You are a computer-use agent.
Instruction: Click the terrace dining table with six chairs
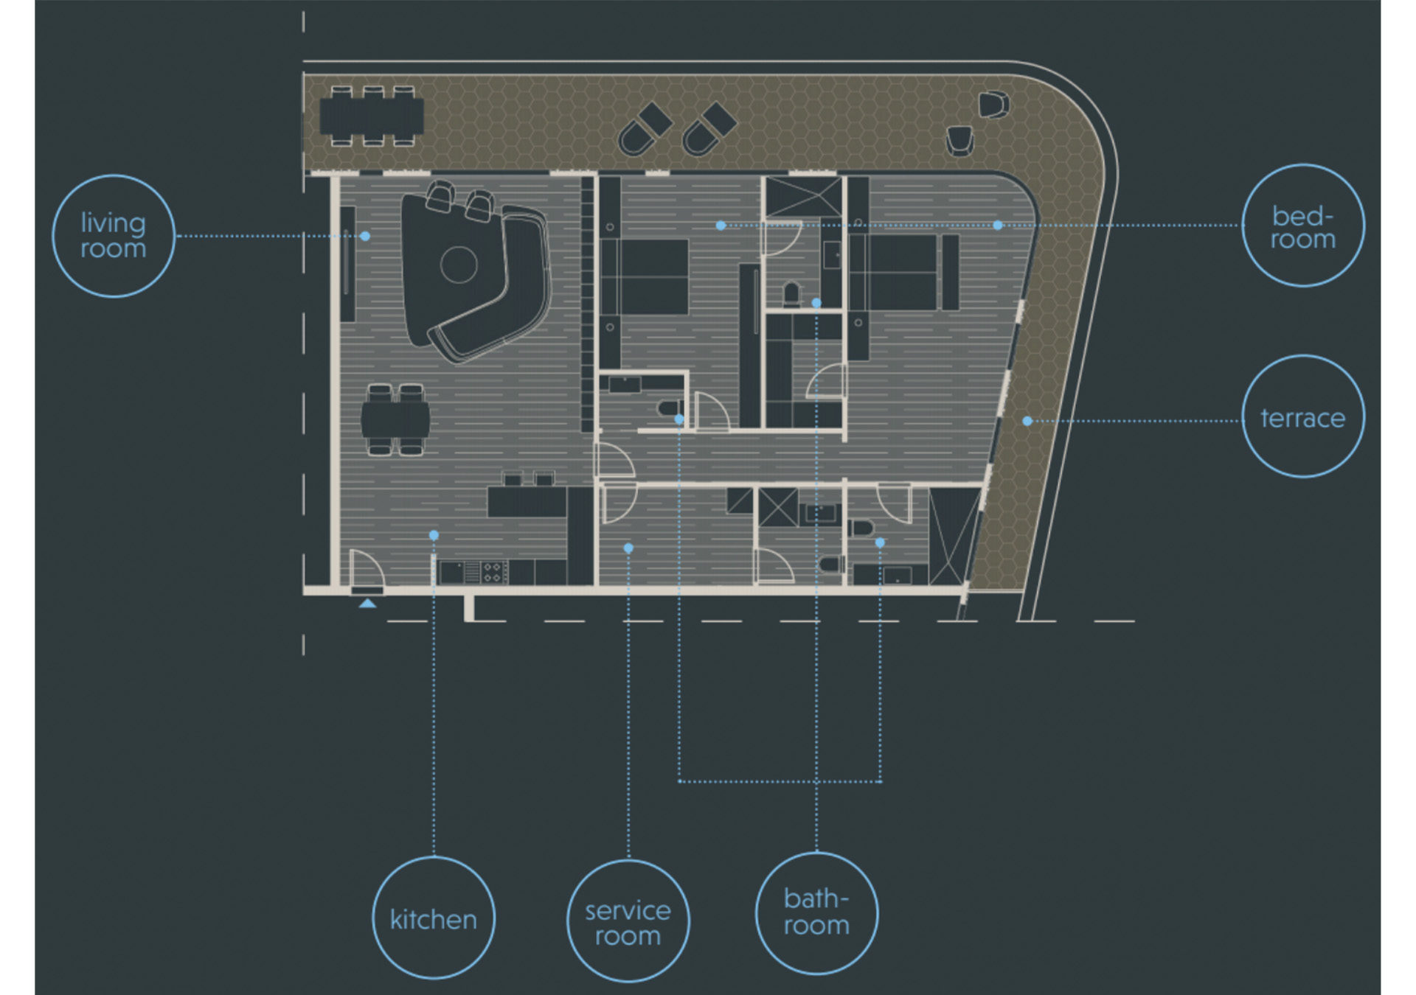click(x=372, y=116)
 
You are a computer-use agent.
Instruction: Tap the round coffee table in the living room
click(x=459, y=265)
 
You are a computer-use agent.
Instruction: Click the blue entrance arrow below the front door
click(x=367, y=603)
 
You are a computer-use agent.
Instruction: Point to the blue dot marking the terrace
click(x=1027, y=421)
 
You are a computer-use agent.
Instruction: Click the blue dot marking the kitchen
click(x=434, y=535)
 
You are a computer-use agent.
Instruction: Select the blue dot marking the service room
click(x=628, y=548)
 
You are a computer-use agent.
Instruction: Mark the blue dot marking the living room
click(x=365, y=236)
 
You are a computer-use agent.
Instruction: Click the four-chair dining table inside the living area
click(x=395, y=419)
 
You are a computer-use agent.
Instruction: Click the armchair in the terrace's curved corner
click(x=993, y=104)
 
